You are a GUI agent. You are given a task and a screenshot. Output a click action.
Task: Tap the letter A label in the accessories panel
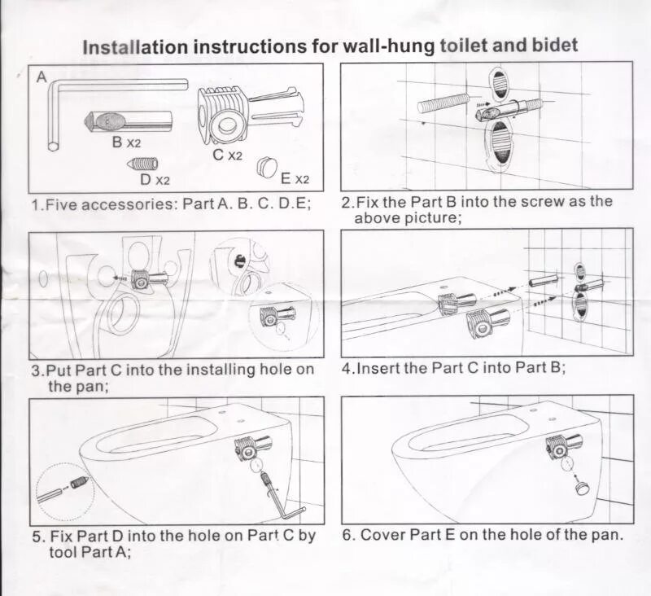click(42, 78)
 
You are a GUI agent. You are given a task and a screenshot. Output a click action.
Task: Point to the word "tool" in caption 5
click(48, 552)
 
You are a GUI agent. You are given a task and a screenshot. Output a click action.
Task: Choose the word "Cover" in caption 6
click(382, 535)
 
